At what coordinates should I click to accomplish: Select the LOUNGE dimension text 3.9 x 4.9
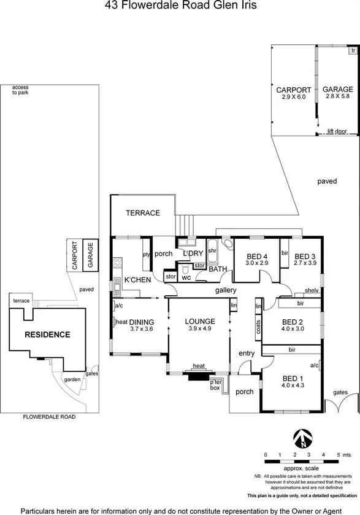click(199, 329)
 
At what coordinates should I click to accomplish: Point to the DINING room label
click(141, 322)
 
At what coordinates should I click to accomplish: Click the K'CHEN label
click(137, 280)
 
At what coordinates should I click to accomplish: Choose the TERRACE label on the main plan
click(142, 213)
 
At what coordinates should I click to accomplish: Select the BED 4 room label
click(257, 256)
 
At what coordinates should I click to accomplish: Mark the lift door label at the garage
click(337, 131)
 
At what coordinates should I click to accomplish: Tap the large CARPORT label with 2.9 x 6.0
click(293, 90)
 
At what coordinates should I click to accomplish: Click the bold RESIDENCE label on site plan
click(47, 335)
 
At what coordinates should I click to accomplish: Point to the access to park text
click(20, 90)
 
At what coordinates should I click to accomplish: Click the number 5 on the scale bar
click(339, 454)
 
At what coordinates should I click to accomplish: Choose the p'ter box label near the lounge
click(215, 384)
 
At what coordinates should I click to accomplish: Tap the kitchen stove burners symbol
click(117, 266)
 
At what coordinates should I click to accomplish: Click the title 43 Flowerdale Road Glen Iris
click(180, 7)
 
